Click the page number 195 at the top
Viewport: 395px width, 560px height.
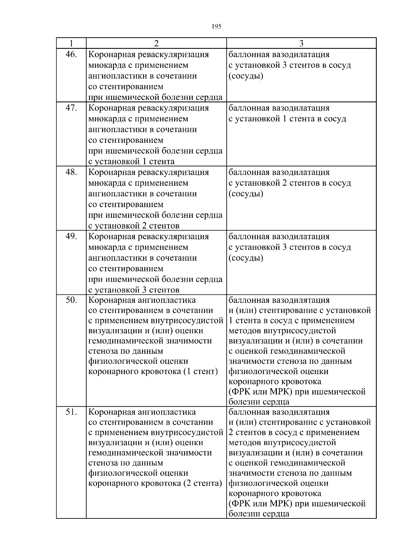click(216, 27)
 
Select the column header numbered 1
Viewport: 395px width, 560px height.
click(71, 44)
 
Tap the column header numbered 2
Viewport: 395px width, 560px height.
click(156, 44)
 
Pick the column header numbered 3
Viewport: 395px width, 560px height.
click(301, 44)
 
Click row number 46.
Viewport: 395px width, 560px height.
click(71, 54)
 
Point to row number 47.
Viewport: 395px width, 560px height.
click(71, 108)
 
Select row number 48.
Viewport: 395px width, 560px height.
click(71, 172)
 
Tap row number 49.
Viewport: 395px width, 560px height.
click(71, 236)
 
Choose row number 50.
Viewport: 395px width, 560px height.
click(71, 300)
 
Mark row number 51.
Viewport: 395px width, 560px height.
click(71, 412)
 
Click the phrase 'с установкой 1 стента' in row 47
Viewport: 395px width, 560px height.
click(132, 162)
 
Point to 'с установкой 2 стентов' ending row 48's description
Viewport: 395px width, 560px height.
click(134, 226)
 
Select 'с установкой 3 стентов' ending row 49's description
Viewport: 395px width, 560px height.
click(134, 290)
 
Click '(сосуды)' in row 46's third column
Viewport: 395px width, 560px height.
click(246, 76)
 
